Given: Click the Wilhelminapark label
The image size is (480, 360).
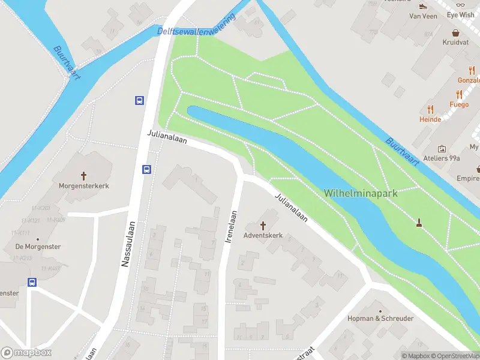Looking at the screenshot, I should (x=361, y=193).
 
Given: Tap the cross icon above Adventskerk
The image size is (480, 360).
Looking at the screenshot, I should (x=263, y=226).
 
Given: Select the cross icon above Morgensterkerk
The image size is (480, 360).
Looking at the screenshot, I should (x=84, y=176).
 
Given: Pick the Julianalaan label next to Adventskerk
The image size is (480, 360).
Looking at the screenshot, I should (x=292, y=208).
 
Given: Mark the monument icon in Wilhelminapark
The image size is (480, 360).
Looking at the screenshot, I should (x=419, y=223).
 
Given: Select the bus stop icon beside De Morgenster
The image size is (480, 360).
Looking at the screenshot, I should (x=32, y=282).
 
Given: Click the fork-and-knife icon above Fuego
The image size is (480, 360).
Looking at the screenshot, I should (x=459, y=94).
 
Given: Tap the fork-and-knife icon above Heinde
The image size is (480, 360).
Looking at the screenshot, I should (x=430, y=109).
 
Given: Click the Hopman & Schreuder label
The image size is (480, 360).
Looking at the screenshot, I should (x=380, y=319).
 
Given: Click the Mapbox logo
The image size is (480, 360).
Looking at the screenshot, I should (x=26, y=353).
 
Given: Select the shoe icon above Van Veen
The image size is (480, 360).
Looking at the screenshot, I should (x=423, y=6).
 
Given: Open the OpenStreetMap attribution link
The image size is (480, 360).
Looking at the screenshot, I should (x=455, y=356).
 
